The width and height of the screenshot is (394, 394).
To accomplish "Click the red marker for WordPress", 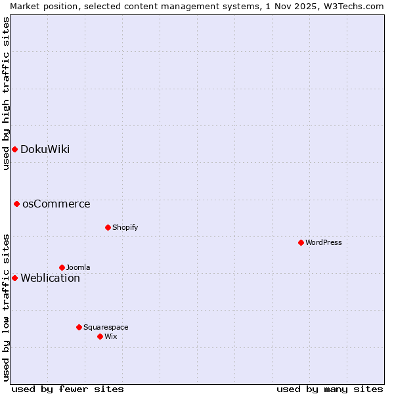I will tap(301, 242).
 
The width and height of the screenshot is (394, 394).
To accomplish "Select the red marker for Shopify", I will tap(108, 227).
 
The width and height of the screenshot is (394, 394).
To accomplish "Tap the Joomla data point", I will tap(62, 267).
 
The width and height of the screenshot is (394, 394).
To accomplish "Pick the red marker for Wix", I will tap(100, 336).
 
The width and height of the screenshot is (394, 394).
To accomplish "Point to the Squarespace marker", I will tap(79, 327).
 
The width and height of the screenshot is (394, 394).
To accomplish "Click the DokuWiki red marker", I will tap(14, 149).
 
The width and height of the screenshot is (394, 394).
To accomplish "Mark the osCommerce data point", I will tap(16, 204).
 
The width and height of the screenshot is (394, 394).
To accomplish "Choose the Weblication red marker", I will tap(14, 278).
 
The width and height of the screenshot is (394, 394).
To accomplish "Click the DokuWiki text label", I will tap(45, 149).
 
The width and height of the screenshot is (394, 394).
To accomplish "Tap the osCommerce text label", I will tap(56, 204).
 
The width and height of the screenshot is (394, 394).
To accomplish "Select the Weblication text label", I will tap(50, 278).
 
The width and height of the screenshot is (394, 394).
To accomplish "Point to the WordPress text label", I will tap(323, 242).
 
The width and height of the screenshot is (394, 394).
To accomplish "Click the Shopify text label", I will tap(125, 227).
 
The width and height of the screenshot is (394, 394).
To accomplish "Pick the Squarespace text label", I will tap(106, 327).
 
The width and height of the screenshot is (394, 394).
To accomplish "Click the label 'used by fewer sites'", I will tap(68, 389).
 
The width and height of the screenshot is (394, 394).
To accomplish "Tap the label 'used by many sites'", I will tap(330, 389).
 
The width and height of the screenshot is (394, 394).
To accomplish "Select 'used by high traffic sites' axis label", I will tap(6, 93).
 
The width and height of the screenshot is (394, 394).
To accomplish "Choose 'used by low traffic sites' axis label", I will tap(6, 307).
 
